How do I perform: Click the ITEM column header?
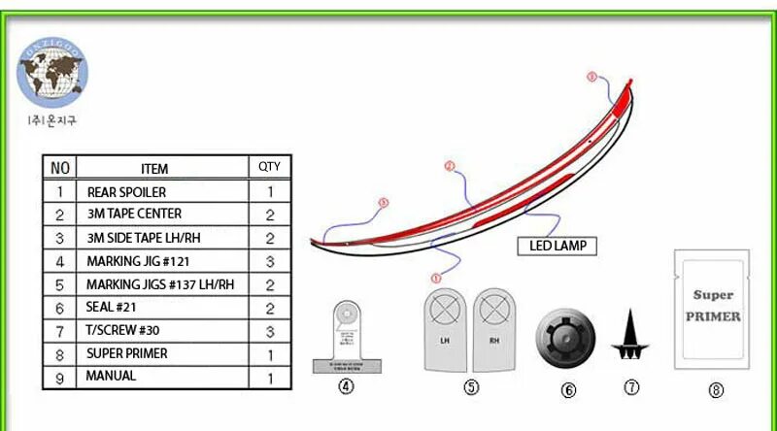tap(160, 168)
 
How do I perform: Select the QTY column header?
tap(269, 167)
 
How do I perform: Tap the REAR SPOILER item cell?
tap(160, 192)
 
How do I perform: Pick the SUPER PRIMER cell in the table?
tap(160, 354)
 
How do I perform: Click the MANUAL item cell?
tap(160, 376)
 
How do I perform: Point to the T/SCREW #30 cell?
tap(160, 331)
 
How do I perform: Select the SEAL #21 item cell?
tap(160, 308)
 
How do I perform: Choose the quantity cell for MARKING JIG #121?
tap(269, 261)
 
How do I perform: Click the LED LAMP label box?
tap(557, 246)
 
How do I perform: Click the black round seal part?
tap(567, 339)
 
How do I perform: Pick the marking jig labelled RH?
tap(496, 327)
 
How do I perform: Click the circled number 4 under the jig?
tap(346, 387)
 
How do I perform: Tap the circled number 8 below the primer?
tap(716, 390)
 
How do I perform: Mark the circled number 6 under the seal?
tap(568, 390)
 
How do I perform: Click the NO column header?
tap(59, 168)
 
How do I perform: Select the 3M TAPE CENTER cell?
tap(160, 214)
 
